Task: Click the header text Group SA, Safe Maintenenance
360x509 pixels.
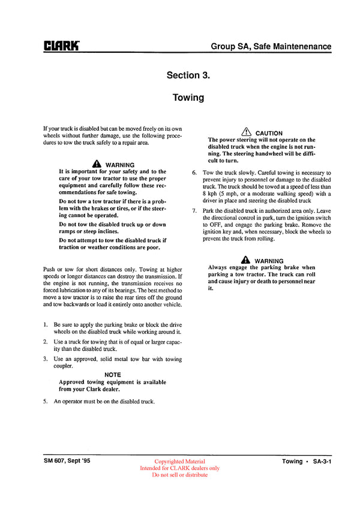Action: tap(271, 46)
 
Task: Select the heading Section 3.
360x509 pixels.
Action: tap(188, 75)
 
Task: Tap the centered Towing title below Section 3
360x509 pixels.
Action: tap(188, 97)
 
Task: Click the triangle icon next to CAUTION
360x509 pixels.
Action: tap(246, 132)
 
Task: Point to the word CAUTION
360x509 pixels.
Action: tap(269, 133)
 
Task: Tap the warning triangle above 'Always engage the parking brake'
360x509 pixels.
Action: tap(245, 260)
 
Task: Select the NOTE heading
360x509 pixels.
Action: tap(112, 375)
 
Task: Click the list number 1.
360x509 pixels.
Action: tap(46, 324)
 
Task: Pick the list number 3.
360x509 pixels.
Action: tap(46, 359)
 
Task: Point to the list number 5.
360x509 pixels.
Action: tap(46, 401)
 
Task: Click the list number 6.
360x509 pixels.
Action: tap(194, 173)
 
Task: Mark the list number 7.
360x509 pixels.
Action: tap(194, 211)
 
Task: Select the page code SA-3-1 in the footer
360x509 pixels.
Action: tap(320, 462)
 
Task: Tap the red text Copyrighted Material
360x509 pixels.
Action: tap(179, 462)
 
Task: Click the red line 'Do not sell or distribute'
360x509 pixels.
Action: tap(179, 475)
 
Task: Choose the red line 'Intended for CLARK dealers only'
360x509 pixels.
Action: tap(179, 468)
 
